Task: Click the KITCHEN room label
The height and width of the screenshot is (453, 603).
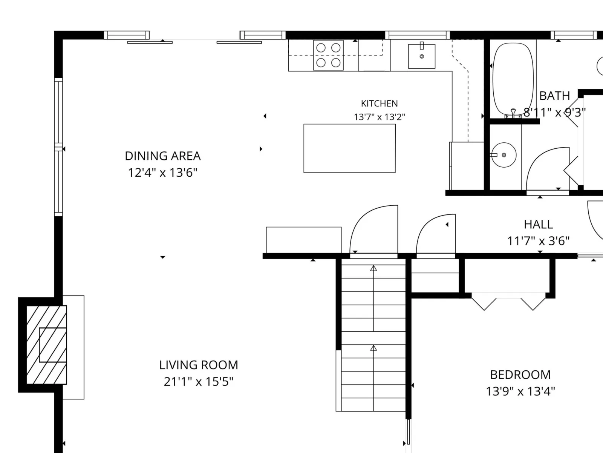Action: point(379,103)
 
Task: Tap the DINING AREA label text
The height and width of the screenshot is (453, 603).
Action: point(163,156)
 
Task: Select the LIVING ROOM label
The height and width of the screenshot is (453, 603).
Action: point(199,365)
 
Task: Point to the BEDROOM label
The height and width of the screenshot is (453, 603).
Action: point(520,374)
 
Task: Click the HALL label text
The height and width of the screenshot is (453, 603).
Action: point(538,225)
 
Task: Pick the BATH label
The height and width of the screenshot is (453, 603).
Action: point(554,96)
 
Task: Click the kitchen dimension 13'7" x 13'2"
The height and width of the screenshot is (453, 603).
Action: point(379,117)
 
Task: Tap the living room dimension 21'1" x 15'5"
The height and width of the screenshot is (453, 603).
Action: point(199,382)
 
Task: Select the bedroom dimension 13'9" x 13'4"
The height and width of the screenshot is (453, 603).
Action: point(520,391)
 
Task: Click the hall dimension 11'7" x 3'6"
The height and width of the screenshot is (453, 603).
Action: point(538,241)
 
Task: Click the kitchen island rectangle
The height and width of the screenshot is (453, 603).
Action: point(349,148)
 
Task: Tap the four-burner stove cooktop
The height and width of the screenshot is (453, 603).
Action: point(328,55)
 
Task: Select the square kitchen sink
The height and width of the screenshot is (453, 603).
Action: point(422,56)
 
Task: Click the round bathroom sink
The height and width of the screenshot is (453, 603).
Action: point(504,155)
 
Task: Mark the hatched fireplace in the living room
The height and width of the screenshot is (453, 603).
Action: point(46,345)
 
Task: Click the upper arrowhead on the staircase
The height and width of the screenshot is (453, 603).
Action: point(373,268)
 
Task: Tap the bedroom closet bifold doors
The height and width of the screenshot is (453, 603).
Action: point(508,302)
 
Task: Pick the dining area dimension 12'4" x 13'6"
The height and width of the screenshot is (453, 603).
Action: point(163,173)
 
